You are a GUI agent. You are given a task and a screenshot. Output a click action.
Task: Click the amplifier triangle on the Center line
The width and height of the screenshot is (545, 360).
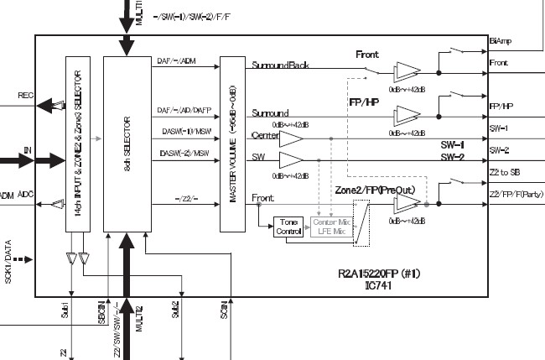(x=291, y=137)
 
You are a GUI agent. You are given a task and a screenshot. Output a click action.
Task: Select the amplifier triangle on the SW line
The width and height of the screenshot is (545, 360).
(x=291, y=159)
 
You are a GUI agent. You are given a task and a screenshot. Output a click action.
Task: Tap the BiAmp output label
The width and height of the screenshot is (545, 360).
(x=500, y=41)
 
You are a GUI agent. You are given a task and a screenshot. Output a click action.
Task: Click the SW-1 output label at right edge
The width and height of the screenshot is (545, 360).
(x=498, y=128)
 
